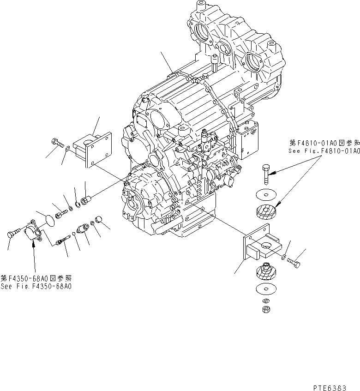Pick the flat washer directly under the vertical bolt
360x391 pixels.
264,193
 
